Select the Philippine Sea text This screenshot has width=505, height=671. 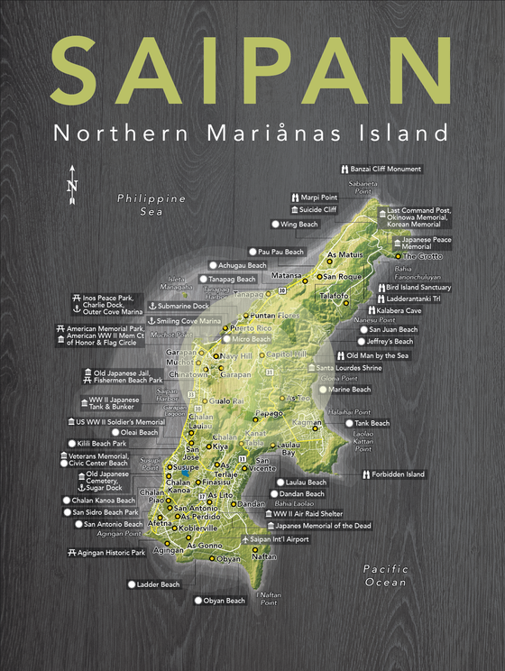(x=151, y=205)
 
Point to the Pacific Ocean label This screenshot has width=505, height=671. (x=386, y=575)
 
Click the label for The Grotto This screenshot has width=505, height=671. (x=422, y=256)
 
